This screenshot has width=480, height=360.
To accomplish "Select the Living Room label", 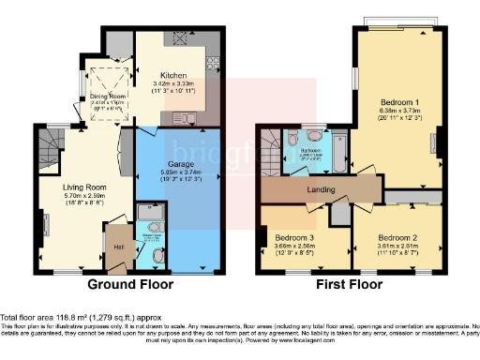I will coord(84,187).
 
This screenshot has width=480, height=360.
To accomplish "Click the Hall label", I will coord(118,246).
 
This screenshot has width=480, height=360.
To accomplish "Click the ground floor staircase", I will coord(49,150).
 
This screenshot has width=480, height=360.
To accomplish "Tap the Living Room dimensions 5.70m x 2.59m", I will coord(84,198).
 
